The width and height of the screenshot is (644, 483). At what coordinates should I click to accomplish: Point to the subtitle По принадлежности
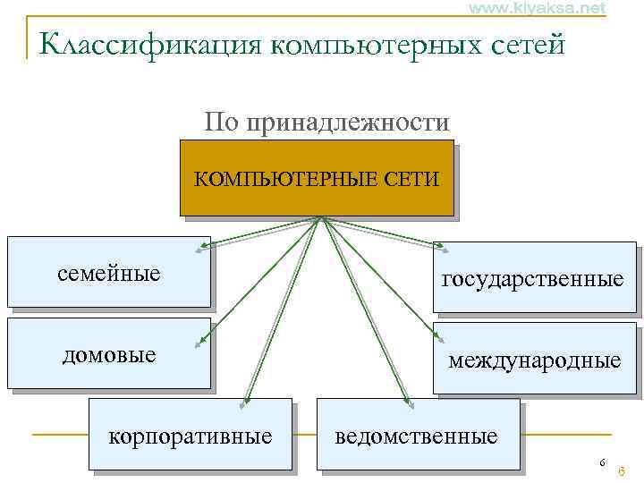pyautogui.click(x=326, y=121)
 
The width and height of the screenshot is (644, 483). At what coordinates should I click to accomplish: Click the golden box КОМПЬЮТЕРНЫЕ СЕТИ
pyautogui.click(x=316, y=178)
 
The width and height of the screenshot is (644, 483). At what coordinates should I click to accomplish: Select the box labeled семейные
pyautogui.click(x=108, y=272)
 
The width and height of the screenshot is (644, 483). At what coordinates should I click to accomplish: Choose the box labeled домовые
pyautogui.click(x=108, y=354)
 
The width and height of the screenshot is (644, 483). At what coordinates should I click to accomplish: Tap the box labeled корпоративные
pyautogui.click(x=190, y=436)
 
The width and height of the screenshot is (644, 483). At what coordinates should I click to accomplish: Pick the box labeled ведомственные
pyautogui.click(x=417, y=436)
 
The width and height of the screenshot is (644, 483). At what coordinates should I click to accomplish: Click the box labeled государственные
pyautogui.click(x=533, y=278)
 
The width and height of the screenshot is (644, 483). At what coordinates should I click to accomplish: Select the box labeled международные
pyautogui.click(x=535, y=360)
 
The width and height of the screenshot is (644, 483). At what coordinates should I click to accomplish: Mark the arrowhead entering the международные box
pyautogui.click(x=441, y=337)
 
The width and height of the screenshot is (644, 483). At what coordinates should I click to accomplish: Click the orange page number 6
pyautogui.click(x=621, y=471)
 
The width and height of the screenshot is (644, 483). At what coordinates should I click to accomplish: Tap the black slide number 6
pyautogui.click(x=602, y=462)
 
